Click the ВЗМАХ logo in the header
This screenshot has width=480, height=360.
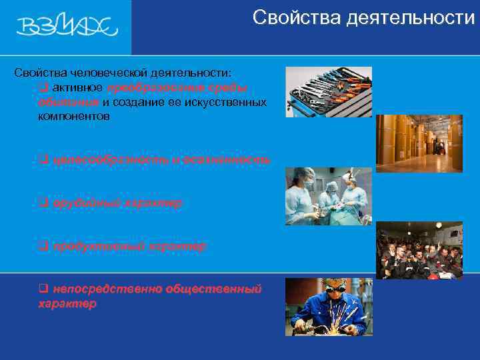[x=66, y=26]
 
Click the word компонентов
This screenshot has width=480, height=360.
[x=74, y=117]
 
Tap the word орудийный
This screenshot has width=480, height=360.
[x=83, y=203]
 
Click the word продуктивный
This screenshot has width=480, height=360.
[x=93, y=247]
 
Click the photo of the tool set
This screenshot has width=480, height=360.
[x=328, y=91]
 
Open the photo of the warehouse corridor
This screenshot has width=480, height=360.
[x=419, y=143]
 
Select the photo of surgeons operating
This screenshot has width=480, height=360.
[x=328, y=196]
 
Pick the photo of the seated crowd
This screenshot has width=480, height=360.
[x=419, y=250]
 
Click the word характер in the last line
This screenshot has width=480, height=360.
[x=67, y=303]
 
